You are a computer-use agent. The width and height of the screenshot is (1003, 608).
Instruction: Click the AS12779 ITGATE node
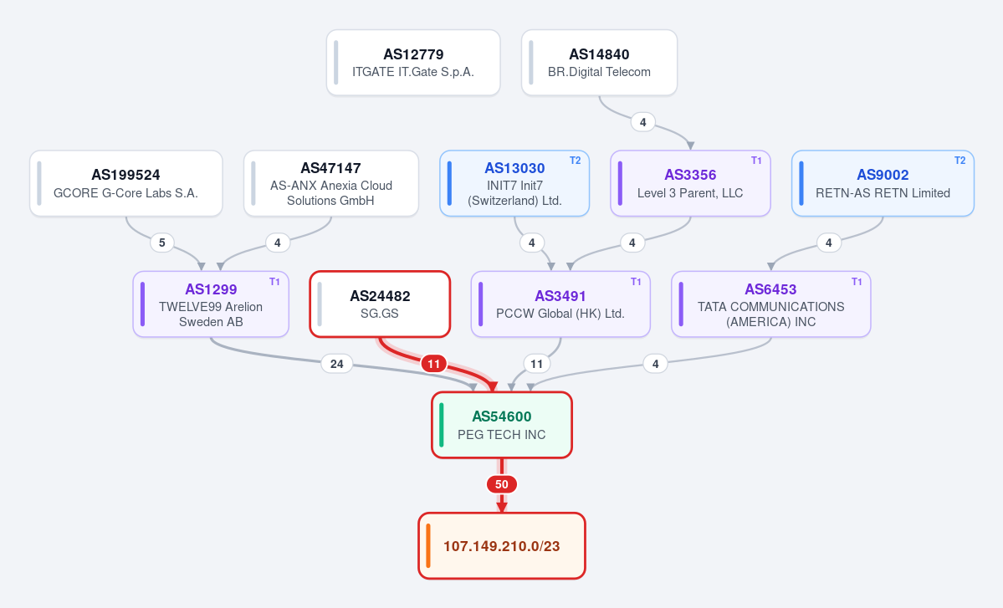pyautogui.click(x=413, y=63)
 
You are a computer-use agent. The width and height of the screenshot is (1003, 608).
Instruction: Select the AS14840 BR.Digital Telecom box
pyautogui.click(x=599, y=63)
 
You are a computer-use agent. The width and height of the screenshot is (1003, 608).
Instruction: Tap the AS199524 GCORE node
pyautogui.click(x=126, y=183)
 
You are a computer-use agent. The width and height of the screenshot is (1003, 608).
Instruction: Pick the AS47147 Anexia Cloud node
pyautogui.click(x=331, y=183)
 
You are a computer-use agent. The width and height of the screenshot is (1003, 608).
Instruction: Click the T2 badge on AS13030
pyautogui.click(x=575, y=161)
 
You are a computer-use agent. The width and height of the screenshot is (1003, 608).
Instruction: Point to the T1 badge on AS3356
pyautogui.click(x=756, y=161)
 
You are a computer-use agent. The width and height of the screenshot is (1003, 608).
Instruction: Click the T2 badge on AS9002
pyautogui.click(x=960, y=161)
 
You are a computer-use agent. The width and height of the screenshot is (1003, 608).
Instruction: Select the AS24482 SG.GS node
pyautogui.click(x=380, y=304)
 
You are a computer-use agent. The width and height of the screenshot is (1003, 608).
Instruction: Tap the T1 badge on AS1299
pyautogui.click(x=274, y=282)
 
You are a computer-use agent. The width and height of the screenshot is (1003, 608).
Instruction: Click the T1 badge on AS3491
pyautogui.click(x=636, y=282)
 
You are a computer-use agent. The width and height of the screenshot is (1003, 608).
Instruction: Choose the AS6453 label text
pyautogui.click(x=770, y=289)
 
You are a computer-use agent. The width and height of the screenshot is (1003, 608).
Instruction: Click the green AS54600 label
pyautogui.click(x=502, y=416)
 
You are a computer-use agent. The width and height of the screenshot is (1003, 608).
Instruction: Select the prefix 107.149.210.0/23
pyautogui.click(x=502, y=546)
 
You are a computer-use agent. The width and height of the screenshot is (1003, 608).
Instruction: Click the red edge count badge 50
pyautogui.click(x=502, y=484)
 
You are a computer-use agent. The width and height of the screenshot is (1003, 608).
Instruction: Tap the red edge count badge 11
pyautogui.click(x=433, y=364)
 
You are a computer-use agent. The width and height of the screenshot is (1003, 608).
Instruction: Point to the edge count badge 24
pyautogui.click(x=336, y=364)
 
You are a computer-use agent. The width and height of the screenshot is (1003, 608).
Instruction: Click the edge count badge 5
pyautogui.click(x=161, y=243)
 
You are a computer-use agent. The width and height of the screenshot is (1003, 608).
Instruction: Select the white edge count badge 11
pyautogui.click(x=537, y=364)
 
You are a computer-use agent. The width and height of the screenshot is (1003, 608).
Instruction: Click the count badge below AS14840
pyautogui.click(x=642, y=122)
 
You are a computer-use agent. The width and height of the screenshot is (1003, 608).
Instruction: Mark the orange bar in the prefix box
pyautogui.click(x=428, y=546)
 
